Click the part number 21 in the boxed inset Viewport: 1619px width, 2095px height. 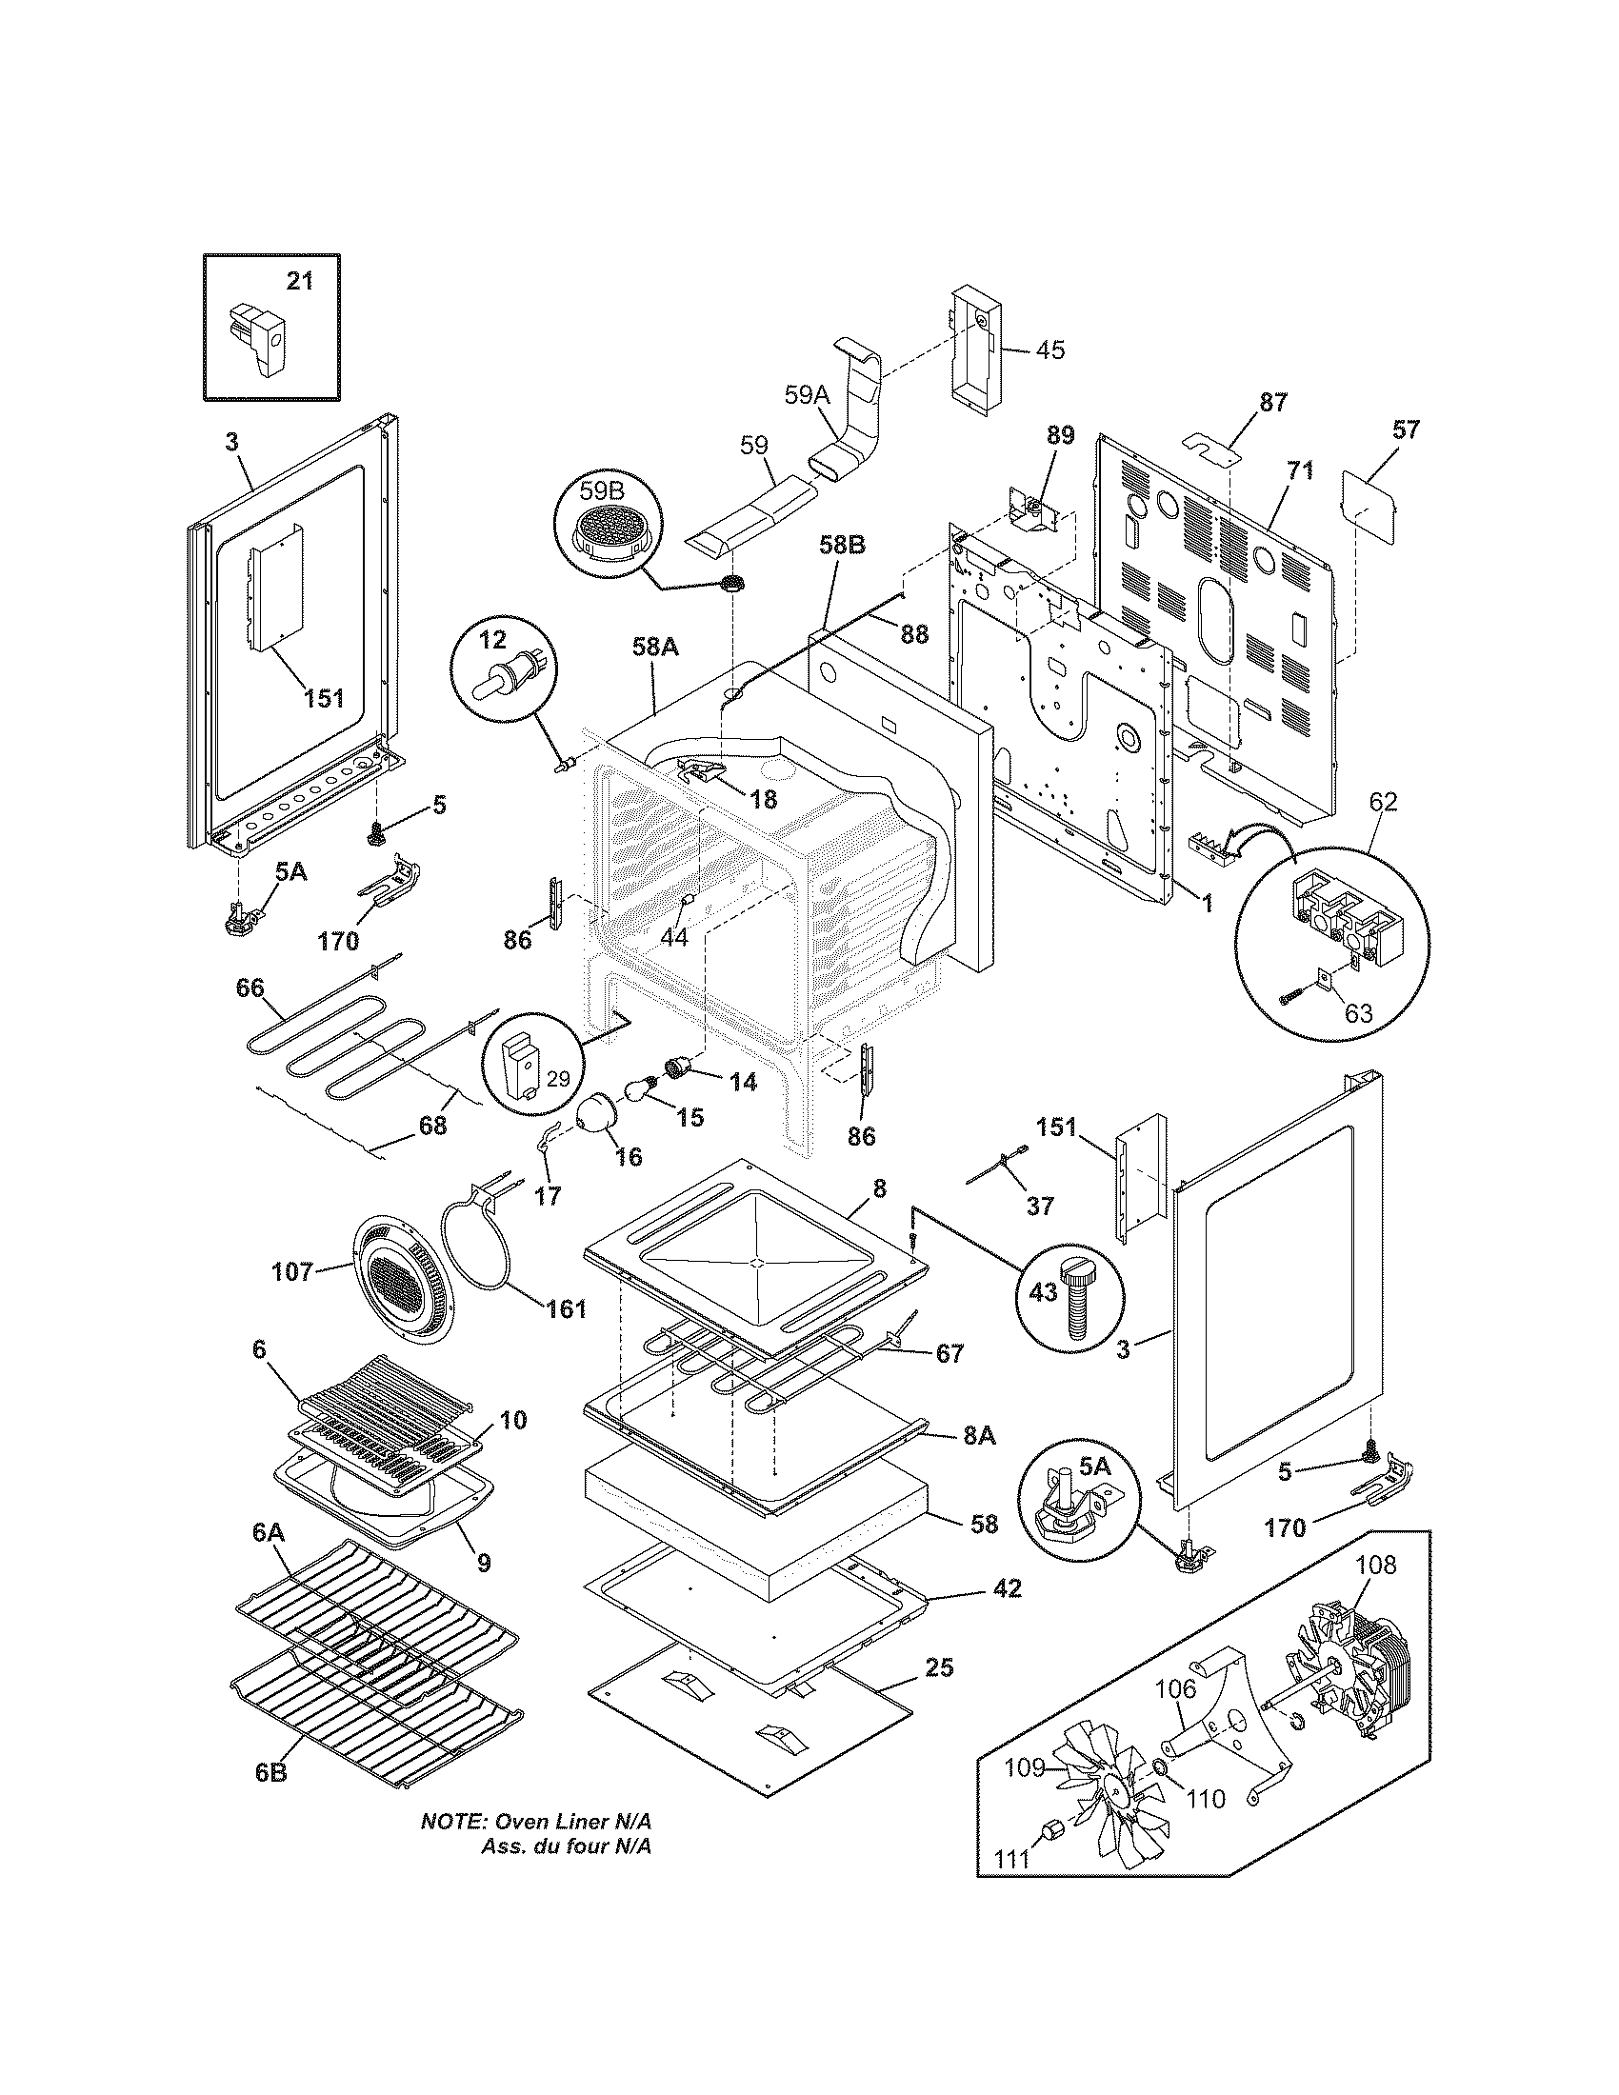[x=300, y=281]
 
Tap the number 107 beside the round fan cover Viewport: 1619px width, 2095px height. [x=291, y=1272]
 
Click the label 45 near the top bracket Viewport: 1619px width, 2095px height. [x=1049, y=350]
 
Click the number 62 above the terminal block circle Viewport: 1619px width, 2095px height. [x=1383, y=801]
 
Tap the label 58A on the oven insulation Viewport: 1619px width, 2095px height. [x=655, y=648]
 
